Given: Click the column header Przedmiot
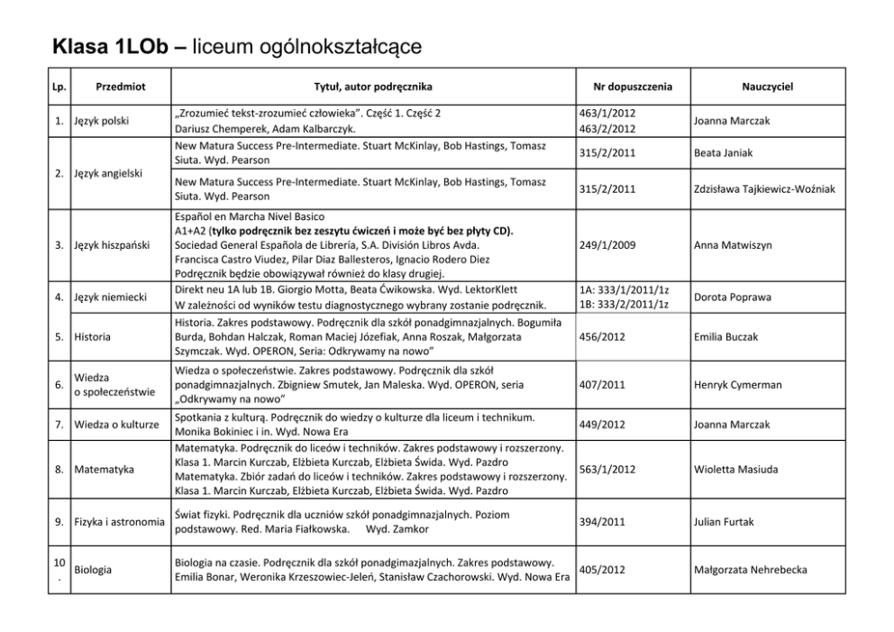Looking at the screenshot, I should [x=121, y=87].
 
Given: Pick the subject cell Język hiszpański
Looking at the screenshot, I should [x=112, y=245].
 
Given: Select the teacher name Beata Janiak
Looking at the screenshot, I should [x=724, y=153].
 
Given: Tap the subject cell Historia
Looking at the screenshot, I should [x=94, y=337].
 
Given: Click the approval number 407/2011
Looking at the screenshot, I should [x=604, y=385].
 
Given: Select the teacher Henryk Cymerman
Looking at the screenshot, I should [x=738, y=385].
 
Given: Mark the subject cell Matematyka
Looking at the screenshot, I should [x=104, y=470].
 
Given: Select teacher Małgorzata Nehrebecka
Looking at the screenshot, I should [x=751, y=570].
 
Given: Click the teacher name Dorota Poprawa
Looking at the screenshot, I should [x=732, y=297].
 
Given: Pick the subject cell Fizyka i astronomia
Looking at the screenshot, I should [x=120, y=522].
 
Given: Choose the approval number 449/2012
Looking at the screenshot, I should [x=604, y=424].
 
